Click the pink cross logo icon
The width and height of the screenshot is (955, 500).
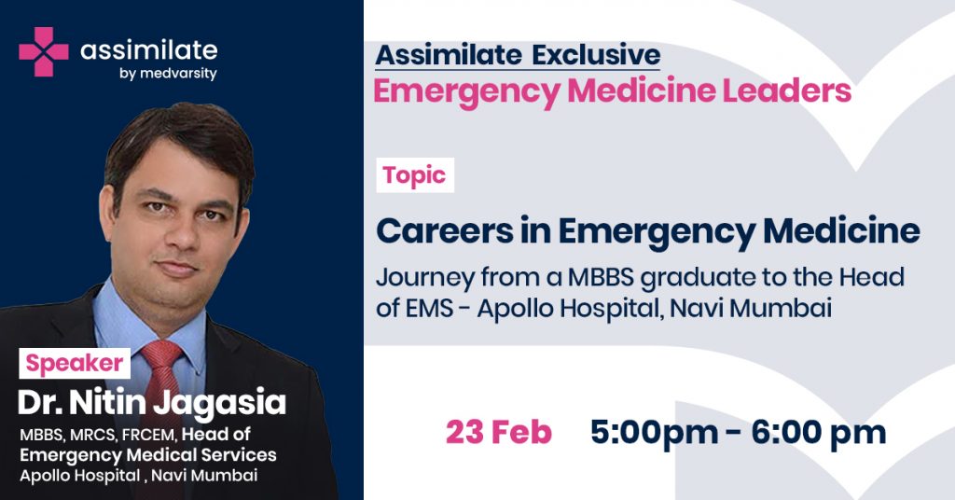[x=43, y=51]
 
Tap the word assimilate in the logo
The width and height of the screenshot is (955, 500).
[x=149, y=50]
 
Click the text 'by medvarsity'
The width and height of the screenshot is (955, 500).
[x=168, y=74]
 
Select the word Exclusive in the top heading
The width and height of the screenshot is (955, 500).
[x=596, y=55]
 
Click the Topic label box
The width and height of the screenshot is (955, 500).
[x=415, y=175]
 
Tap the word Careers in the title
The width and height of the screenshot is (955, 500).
[x=445, y=230]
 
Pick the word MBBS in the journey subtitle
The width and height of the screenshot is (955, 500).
[x=602, y=277]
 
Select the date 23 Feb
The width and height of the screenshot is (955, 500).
[x=499, y=433]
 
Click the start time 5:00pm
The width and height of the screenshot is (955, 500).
[x=654, y=433]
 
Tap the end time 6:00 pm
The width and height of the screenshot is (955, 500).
[x=819, y=433]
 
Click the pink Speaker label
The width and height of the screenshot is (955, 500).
[x=75, y=363]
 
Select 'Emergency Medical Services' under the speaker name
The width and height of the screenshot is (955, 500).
[x=148, y=455]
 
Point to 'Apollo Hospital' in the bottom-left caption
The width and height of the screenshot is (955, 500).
[x=80, y=476]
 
